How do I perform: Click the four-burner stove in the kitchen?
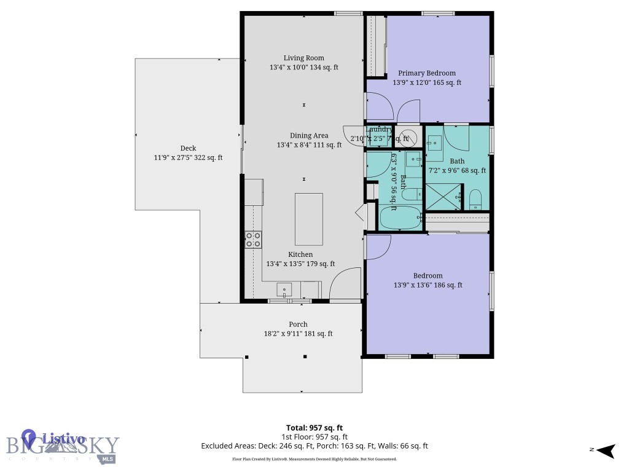pos(253,239)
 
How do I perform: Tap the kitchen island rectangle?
pos(309,219)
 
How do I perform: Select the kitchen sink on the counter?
pos(285,289)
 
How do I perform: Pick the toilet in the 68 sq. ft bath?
pos(475,199)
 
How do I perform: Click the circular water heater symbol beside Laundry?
pos(405,138)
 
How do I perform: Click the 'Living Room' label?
pos(303,58)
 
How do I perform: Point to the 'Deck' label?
pos(188,148)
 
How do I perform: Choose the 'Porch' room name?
pos(298,324)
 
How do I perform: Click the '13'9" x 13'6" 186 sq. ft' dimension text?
pos(428,285)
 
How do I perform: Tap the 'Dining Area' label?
pos(309,136)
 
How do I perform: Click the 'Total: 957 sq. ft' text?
pos(314,428)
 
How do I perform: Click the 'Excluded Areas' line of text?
pos(314,446)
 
